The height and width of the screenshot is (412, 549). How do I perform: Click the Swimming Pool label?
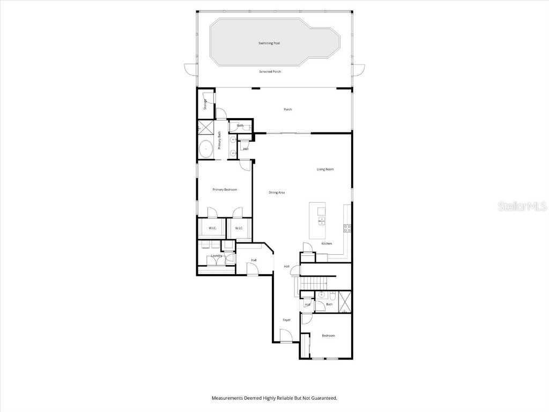[269, 43]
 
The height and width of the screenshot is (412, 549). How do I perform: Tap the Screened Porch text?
[270, 71]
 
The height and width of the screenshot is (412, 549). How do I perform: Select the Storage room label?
[205, 104]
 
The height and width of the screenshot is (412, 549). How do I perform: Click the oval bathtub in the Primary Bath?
[206, 149]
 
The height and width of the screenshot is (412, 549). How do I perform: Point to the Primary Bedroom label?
[225, 189]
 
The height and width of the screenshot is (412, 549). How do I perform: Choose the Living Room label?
[325, 169]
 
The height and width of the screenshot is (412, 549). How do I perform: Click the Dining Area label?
[277, 192]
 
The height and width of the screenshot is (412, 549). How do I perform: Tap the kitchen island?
[318, 220]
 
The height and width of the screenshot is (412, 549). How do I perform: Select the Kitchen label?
[327, 244]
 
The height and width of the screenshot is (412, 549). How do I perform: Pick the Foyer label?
[287, 320]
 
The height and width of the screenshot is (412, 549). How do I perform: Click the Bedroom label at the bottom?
[328, 336]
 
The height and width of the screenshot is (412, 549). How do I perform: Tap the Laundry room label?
[217, 256]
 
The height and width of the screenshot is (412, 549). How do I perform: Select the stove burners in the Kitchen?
[347, 227]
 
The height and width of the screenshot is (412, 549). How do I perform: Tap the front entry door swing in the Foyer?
[286, 336]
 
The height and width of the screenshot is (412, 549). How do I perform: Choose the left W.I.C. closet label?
[212, 229]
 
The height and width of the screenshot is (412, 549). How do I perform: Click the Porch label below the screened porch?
[288, 109]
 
